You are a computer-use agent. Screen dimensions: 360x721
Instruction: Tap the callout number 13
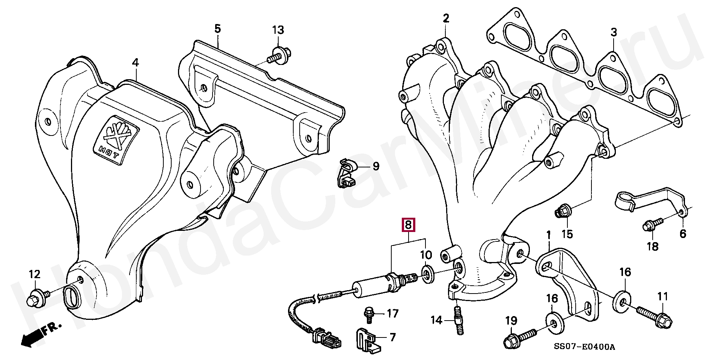pos(278,30)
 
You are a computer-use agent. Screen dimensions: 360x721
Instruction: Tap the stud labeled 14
pos(457,321)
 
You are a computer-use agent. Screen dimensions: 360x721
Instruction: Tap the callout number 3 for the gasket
pos(613,33)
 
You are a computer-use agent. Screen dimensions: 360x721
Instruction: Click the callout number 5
pos(218,29)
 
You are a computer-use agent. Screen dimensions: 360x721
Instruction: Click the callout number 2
pos(446,18)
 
